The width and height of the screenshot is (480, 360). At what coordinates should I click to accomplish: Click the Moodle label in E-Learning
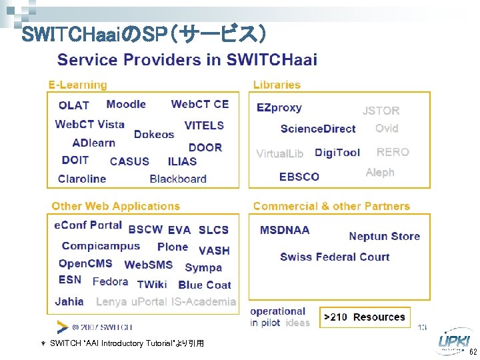tap(126, 104)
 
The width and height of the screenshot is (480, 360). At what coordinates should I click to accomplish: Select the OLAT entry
tap(73, 105)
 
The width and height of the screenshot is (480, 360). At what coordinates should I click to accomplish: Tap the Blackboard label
tap(178, 179)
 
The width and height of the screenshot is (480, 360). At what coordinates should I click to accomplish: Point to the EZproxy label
tap(279, 107)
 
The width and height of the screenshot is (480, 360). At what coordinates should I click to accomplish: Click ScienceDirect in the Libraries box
tap(318, 129)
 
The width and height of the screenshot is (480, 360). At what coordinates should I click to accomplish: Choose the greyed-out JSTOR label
tap(381, 111)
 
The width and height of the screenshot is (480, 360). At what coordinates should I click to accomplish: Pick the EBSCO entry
tap(299, 177)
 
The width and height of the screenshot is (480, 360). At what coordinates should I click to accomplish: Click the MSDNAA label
tap(285, 230)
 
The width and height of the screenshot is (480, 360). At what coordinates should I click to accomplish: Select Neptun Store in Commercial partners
tap(384, 236)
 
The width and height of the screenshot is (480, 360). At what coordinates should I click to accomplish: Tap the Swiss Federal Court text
tap(335, 257)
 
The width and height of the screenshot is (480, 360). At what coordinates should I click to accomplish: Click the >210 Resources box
tap(365, 317)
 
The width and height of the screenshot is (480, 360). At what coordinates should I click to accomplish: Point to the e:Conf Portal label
tap(88, 225)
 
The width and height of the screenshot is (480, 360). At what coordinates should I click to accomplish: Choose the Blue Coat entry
tap(205, 285)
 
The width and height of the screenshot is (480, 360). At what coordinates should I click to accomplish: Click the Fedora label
tap(110, 281)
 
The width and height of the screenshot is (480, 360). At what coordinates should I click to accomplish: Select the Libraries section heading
tap(277, 85)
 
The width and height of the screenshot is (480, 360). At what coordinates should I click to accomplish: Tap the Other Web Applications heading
tap(115, 206)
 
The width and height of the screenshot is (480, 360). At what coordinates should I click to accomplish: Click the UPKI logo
tap(453, 342)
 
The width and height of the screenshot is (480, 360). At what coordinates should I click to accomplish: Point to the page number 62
tap(473, 352)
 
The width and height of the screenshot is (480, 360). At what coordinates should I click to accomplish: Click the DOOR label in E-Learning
tap(205, 147)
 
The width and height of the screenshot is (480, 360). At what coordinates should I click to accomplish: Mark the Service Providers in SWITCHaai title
tap(187, 60)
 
